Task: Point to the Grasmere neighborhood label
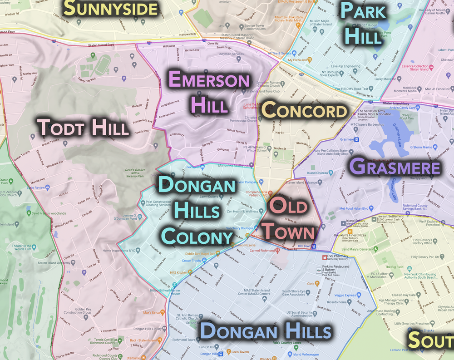click(x=395, y=167)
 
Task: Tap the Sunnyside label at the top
click(x=111, y=8)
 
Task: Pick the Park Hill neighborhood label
click(x=362, y=23)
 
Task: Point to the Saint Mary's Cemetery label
click(x=357, y=249)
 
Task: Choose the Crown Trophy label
click(x=192, y=261)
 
